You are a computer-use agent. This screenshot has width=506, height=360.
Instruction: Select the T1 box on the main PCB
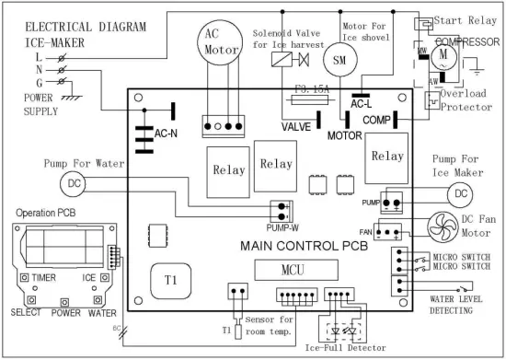171,279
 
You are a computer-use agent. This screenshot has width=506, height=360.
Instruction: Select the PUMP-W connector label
282,225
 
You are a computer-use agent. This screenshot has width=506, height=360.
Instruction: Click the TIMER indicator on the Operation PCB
36,276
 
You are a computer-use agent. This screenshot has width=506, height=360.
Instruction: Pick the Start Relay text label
468,19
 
